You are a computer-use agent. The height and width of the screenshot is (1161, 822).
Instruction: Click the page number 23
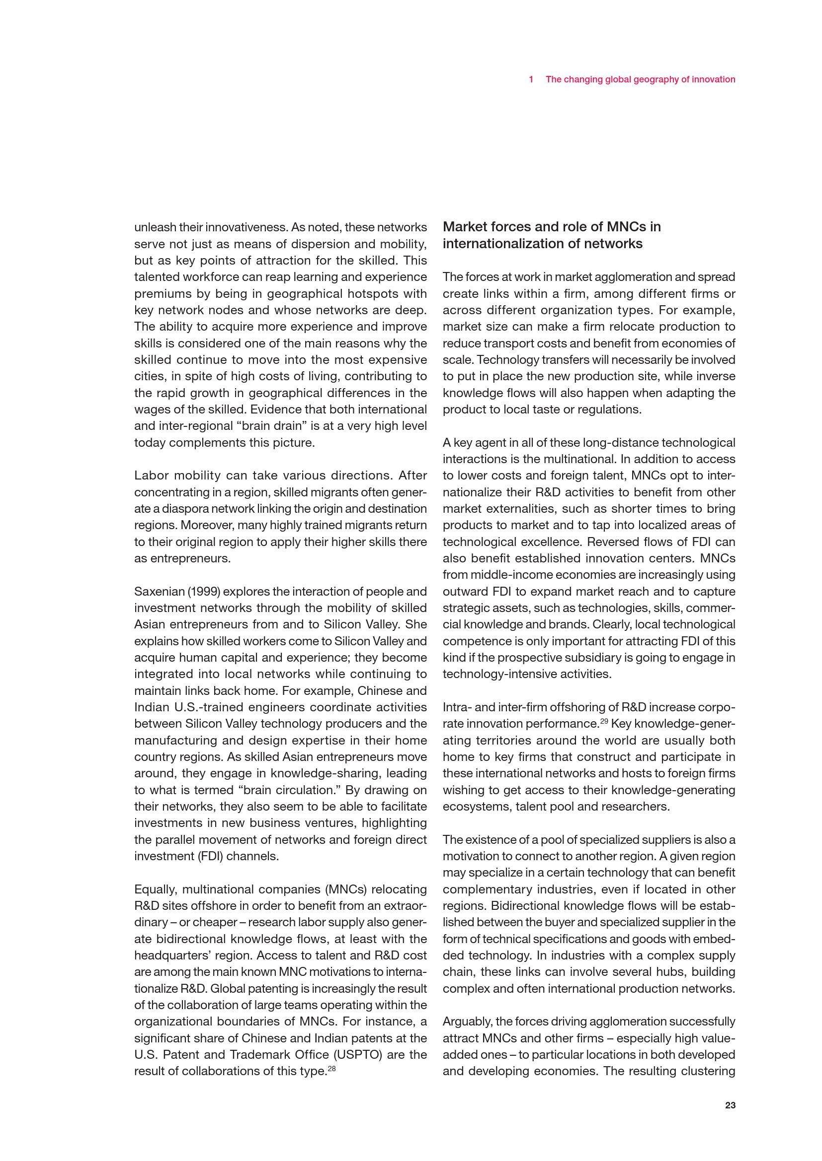point(730,1105)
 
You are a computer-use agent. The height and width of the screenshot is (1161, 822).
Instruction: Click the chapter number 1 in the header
point(531,79)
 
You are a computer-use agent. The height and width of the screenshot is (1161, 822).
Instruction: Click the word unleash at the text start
point(151,227)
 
